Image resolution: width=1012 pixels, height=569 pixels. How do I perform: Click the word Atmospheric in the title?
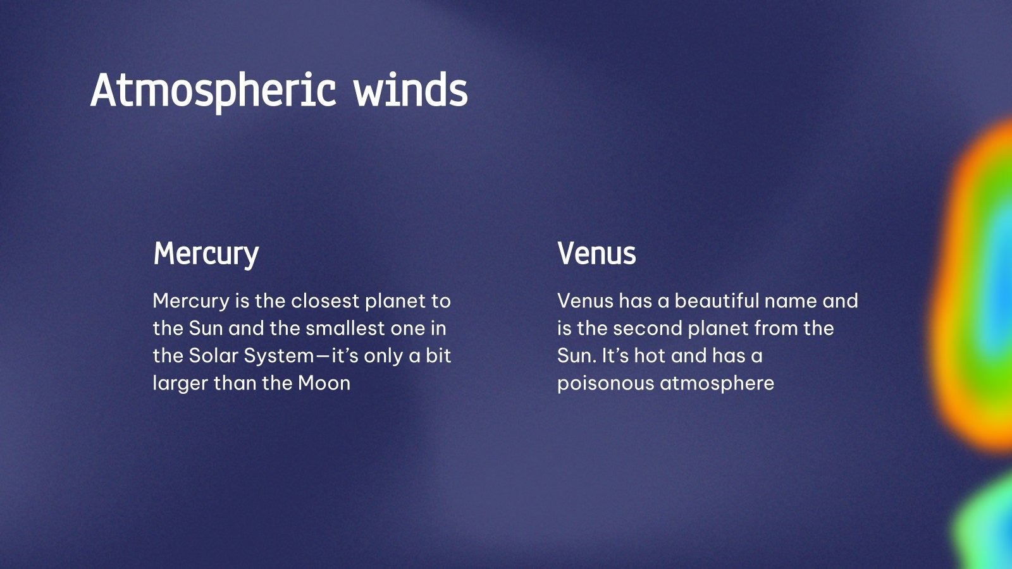(x=213, y=90)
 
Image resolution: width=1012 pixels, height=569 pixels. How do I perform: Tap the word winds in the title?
(x=410, y=90)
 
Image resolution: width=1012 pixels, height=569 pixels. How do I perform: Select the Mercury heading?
(x=206, y=254)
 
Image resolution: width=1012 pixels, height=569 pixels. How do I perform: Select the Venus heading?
(x=596, y=254)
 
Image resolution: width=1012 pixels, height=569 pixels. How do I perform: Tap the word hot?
(x=650, y=355)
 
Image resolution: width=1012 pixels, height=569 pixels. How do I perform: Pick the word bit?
(x=438, y=355)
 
